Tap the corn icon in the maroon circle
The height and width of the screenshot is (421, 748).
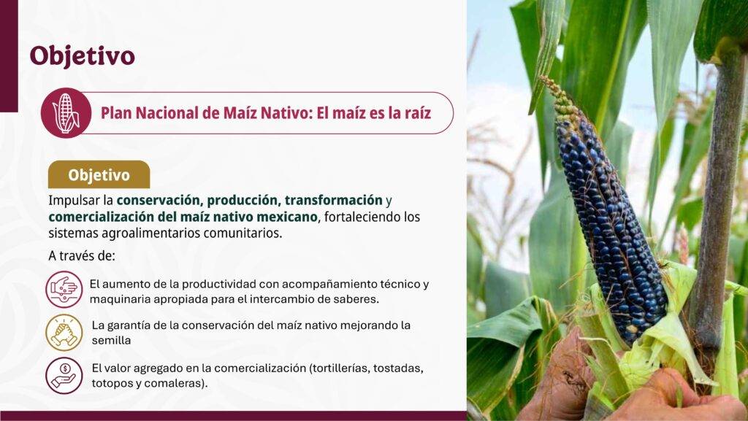pyautogui.click(x=66, y=113)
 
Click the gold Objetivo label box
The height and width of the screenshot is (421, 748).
pyautogui.click(x=99, y=175)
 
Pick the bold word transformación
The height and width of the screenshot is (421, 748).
pyautogui.click(x=333, y=200)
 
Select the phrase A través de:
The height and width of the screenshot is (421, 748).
pyautogui.click(x=82, y=256)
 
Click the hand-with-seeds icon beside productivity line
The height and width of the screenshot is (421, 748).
pyautogui.click(x=64, y=290)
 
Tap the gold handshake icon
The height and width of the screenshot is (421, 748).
pyautogui.click(x=64, y=333)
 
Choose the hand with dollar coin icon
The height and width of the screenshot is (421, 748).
pyautogui.click(x=64, y=375)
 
